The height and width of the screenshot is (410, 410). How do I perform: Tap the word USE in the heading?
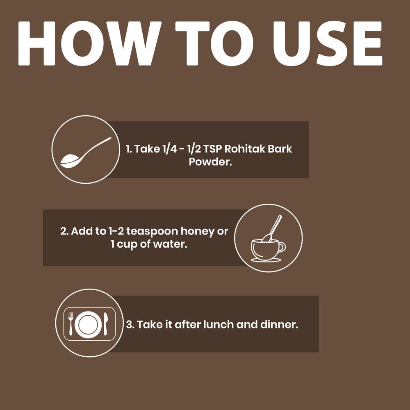click(x=327, y=43)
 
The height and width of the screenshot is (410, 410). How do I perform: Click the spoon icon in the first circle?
click(x=86, y=153)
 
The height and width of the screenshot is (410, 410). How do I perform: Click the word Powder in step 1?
click(x=210, y=162)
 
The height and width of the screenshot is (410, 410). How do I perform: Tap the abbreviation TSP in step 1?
click(x=212, y=149)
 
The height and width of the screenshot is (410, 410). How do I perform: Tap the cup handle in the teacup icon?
click(x=282, y=247)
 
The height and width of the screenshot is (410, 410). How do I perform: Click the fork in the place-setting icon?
click(x=71, y=324)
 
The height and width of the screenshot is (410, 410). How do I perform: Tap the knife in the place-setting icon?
click(x=105, y=324)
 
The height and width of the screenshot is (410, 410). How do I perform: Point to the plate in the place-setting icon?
click(x=88, y=324)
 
